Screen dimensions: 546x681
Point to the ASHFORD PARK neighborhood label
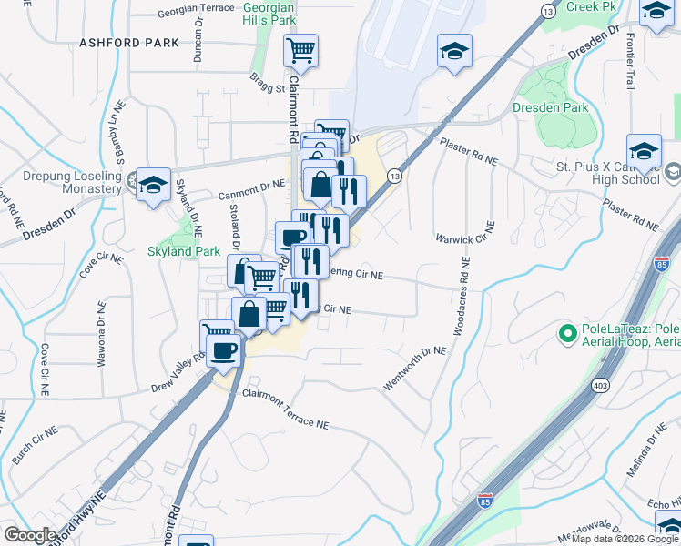[x=117, y=42]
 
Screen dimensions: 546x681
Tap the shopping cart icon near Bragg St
[x=300, y=51]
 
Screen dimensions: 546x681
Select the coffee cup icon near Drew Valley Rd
[x=224, y=350]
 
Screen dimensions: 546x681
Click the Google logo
[x=30, y=535]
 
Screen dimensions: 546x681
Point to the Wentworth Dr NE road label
[x=414, y=369]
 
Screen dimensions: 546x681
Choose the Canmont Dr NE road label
[x=252, y=190]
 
